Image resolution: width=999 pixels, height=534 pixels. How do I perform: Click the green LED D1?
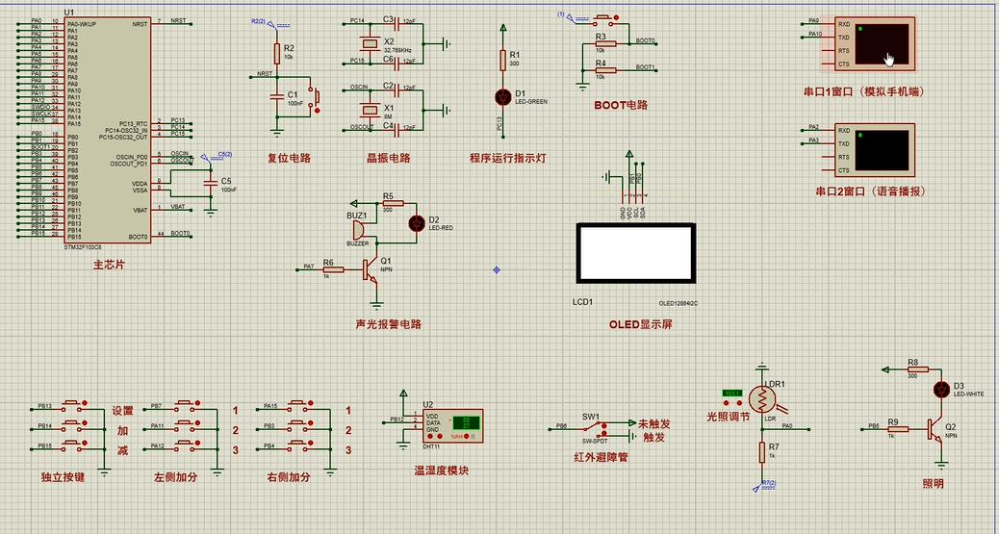click(501, 96)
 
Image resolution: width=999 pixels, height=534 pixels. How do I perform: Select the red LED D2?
click(417, 223)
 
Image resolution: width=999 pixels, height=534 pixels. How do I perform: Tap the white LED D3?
click(942, 389)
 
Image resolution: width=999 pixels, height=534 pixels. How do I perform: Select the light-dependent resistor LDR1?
click(762, 396)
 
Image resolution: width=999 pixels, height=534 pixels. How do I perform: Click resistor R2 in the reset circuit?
click(277, 52)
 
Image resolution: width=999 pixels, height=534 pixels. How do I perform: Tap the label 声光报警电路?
click(388, 324)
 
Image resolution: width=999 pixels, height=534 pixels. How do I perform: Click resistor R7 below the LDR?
click(761, 451)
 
